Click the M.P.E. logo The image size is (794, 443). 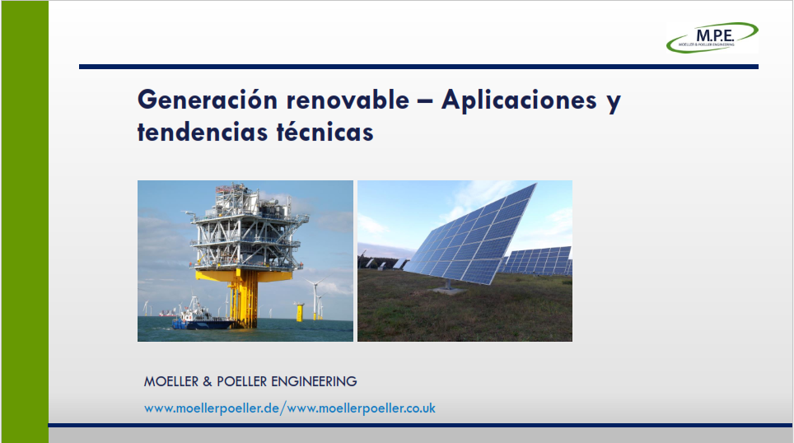(x=712, y=37)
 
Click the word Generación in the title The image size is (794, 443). (x=208, y=100)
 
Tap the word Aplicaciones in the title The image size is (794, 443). (x=519, y=100)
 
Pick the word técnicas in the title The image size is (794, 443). (x=325, y=132)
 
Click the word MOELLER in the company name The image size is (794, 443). (x=171, y=381)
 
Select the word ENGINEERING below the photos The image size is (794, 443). (x=314, y=381)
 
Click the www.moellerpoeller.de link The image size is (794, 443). (x=212, y=408)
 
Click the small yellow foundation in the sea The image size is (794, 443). (x=299, y=311)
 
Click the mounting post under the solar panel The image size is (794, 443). (x=447, y=285)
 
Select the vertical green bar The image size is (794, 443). (x=25, y=221)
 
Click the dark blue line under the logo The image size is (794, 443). (x=418, y=67)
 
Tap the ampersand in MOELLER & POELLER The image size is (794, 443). (x=208, y=382)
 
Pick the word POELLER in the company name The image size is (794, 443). (x=241, y=381)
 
